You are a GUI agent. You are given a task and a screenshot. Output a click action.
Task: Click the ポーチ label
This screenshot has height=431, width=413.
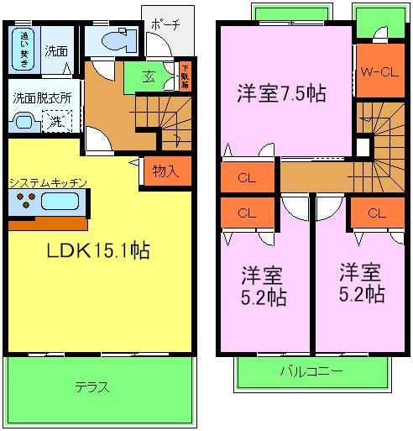[165, 25]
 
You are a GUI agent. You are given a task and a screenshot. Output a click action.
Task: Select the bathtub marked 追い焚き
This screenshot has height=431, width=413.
[25, 49]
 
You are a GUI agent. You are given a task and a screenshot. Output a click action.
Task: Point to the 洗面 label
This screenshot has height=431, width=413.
[57, 50]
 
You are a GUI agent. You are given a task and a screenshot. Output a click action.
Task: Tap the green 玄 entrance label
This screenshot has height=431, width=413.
[148, 77]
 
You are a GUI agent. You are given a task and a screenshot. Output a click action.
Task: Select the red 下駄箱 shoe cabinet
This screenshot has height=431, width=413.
[185, 75]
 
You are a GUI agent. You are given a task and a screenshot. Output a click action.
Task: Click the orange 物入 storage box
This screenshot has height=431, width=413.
[165, 171]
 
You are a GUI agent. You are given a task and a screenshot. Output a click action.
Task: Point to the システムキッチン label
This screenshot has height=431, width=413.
[47, 181]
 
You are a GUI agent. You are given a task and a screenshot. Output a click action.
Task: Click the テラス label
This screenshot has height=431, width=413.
[91, 387]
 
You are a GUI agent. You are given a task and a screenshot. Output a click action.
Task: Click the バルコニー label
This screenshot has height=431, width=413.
[311, 371]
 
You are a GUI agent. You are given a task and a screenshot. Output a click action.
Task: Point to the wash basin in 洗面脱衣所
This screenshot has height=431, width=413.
[24, 123]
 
